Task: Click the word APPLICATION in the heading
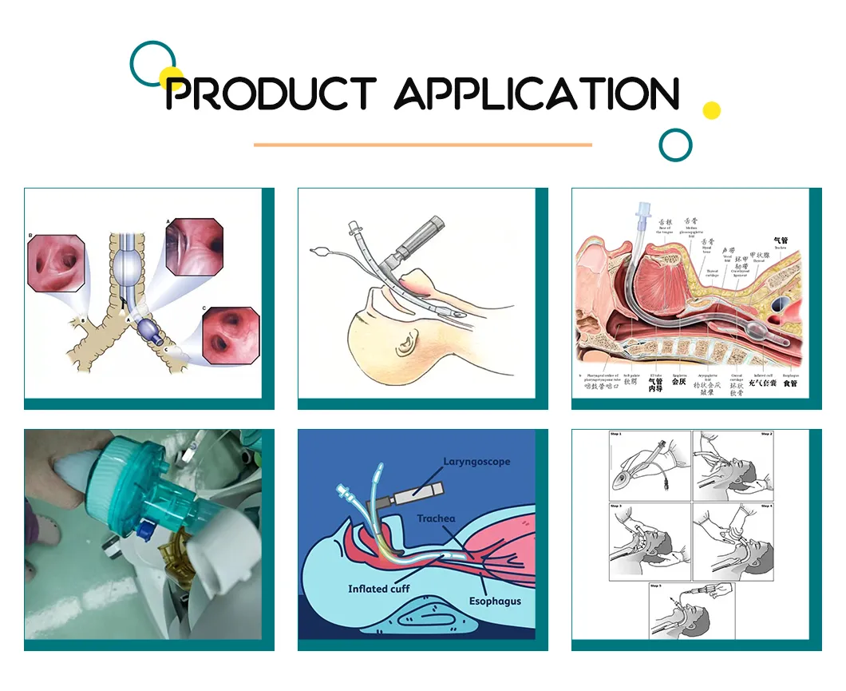536,94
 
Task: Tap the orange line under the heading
422,145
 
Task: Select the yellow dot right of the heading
711,110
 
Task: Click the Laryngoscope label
477,462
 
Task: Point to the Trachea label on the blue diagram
436,518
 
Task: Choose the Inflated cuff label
379,589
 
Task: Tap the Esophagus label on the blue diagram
495,601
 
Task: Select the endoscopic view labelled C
231,333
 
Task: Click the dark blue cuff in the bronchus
148,329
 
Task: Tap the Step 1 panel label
615,435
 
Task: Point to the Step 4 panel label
766,506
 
